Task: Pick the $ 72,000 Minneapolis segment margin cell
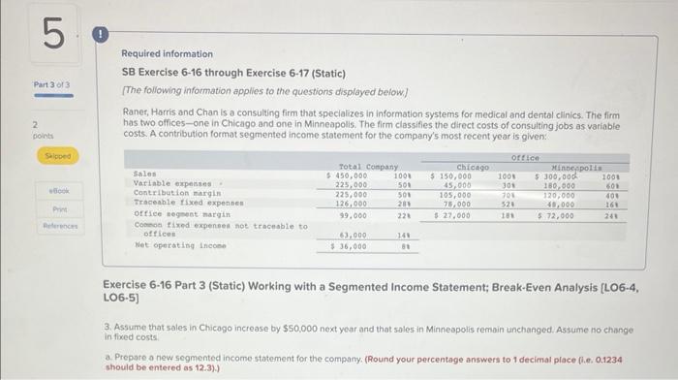tap(556, 215)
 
